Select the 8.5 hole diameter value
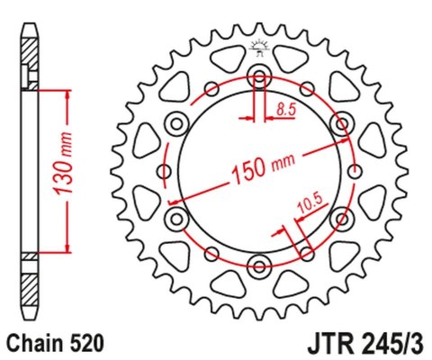pyautogui.click(x=287, y=110)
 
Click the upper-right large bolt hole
pyautogui.click(x=342, y=121)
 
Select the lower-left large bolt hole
pyautogui.click(x=176, y=217)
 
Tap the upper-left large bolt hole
pyautogui.click(x=176, y=121)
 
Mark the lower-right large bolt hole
pyautogui.click(x=342, y=217)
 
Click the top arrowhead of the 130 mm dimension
pyautogui.click(x=66, y=94)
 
